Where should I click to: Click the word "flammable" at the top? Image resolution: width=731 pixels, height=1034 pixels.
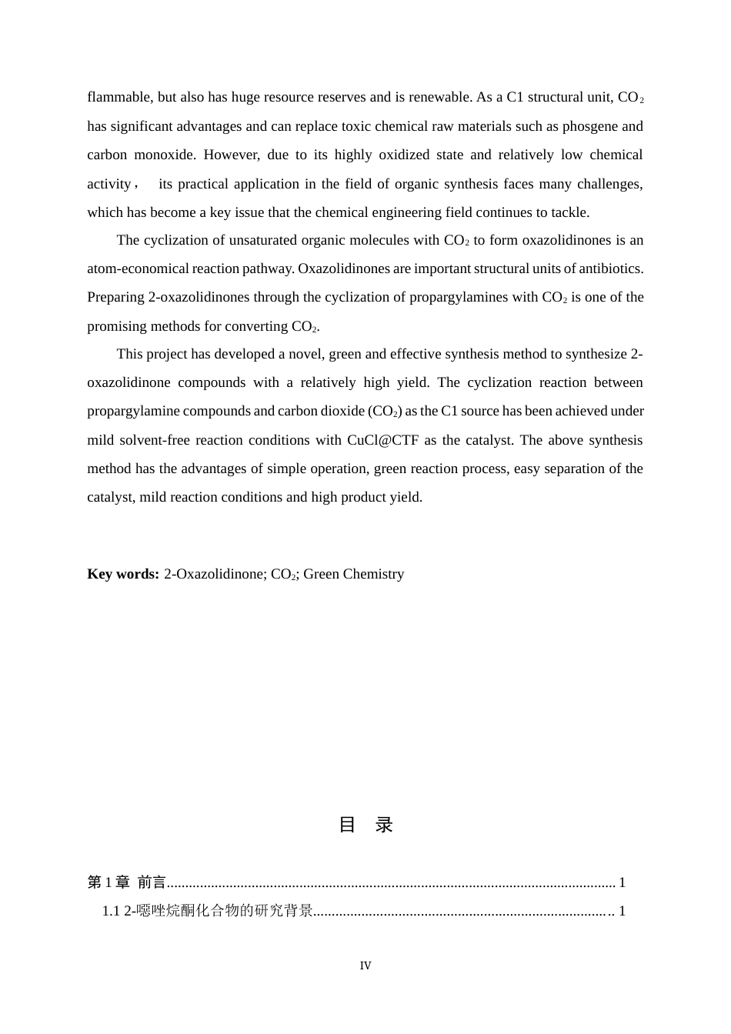pyautogui.click(x=119, y=97)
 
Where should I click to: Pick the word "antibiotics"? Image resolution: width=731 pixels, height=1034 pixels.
pyautogui.click(x=610, y=269)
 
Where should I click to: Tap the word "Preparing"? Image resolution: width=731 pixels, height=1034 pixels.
pyautogui.click(x=115, y=297)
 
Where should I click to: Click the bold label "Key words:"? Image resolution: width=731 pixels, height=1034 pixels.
pyautogui.click(x=123, y=574)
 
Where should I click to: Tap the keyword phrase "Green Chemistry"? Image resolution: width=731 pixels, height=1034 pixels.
pyautogui.click(x=353, y=574)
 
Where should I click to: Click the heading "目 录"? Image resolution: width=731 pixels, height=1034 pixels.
pyautogui.click(x=365, y=825)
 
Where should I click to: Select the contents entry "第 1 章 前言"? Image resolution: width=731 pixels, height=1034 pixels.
pyautogui.click(x=127, y=882)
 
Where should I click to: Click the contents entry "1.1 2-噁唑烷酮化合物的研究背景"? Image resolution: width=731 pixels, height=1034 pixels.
pyautogui.click(x=208, y=911)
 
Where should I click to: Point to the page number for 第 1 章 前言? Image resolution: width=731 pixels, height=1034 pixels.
pyautogui.click(x=622, y=882)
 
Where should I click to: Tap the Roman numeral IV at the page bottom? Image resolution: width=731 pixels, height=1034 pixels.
pyautogui.click(x=365, y=966)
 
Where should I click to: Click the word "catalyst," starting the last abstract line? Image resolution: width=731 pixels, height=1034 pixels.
pyautogui.click(x=112, y=497)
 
